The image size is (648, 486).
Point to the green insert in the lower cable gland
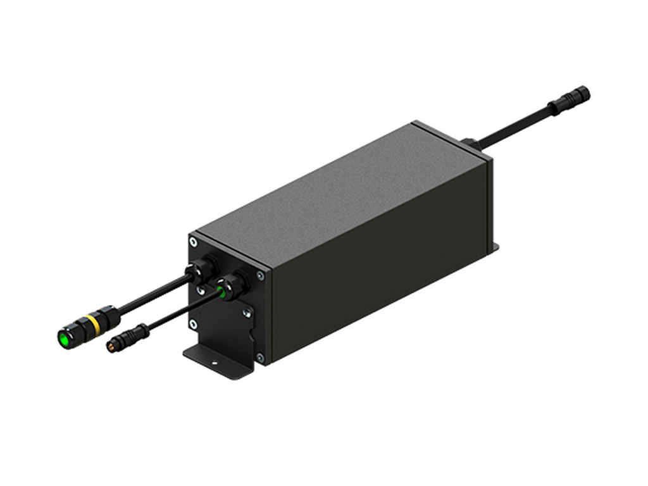tap(222, 290)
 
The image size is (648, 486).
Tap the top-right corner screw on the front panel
tap(261, 275)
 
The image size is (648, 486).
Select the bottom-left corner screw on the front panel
tap(193, 325)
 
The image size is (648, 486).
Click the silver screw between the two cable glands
tap(199, 291)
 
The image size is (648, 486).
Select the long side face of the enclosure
tap(380, 278)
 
